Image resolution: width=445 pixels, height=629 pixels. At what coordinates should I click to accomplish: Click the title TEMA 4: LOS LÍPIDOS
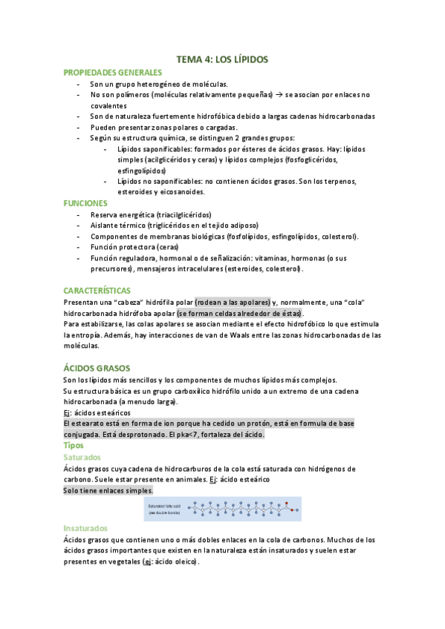tap(222, 59)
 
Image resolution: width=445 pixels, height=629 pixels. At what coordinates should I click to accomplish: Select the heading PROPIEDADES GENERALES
tap(112, 73)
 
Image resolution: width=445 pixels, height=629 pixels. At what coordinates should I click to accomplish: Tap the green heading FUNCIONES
tap(86, 202)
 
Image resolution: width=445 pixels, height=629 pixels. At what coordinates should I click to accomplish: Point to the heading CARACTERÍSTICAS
tap(97, 290)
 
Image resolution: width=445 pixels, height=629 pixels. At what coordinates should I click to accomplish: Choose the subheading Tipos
tap(74, 445)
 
